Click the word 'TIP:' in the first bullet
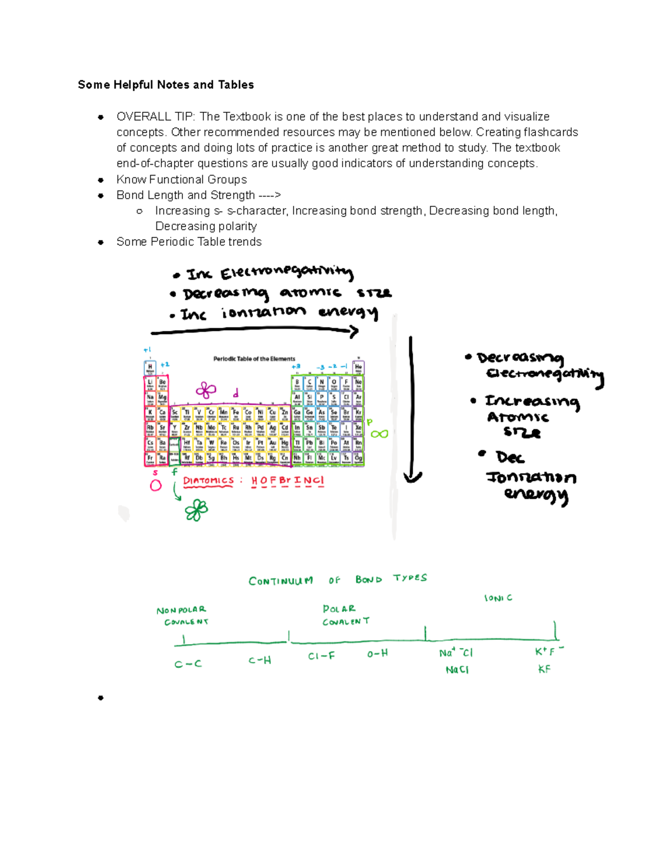185,117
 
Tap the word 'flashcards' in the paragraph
551,132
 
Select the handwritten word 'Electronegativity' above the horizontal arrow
286,273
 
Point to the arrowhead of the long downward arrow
412,477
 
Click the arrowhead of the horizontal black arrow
353,331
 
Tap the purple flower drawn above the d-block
206,390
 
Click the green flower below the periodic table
196,510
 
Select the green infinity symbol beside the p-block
380,434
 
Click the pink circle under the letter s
156,485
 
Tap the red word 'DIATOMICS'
208,481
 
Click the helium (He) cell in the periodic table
359,368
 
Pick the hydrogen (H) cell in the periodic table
150,368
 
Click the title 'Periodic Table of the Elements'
254,359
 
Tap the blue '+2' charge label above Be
164,364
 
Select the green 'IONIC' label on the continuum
498,598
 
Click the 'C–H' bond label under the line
259,660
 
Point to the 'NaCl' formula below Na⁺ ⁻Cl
457,670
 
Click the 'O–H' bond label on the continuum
377,653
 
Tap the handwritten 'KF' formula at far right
544,669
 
